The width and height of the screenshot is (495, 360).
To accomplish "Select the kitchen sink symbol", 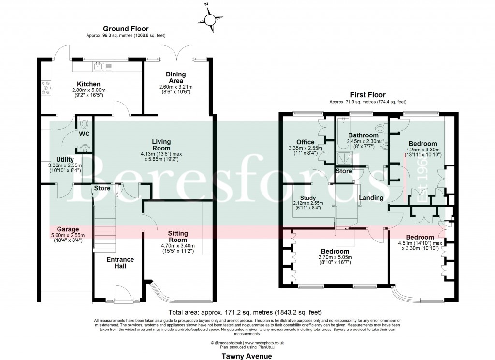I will (101, 65).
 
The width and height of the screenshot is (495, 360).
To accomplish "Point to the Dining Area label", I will (175, 77).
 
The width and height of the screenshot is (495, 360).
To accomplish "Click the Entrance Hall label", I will (120, 263).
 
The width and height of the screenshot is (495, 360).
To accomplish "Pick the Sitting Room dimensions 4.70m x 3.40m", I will (178, 246).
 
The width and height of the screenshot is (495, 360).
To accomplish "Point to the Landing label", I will (371, 198).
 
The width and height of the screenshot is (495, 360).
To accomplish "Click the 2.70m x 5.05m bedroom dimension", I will (335, 258).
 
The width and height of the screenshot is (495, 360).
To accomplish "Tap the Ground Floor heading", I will (124, 29).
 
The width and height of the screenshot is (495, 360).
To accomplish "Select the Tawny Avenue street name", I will (247, 356).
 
